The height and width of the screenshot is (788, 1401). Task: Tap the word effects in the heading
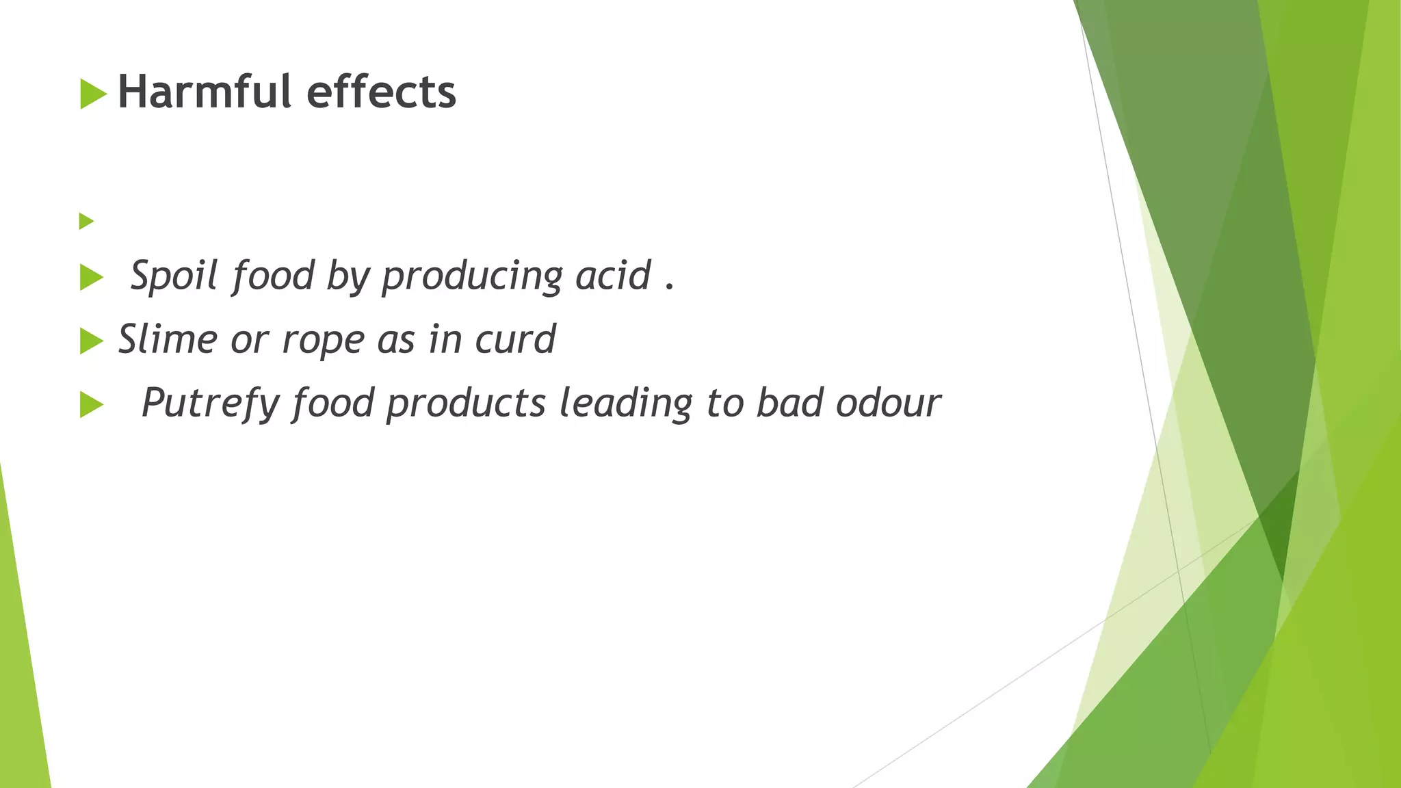pos(381,92)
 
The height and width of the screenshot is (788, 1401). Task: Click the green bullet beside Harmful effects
pos(93,94)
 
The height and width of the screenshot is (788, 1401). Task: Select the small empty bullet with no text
pos(86,221)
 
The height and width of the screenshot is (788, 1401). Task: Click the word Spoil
pos(174,275)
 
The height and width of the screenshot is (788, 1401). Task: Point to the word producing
pos(472,276)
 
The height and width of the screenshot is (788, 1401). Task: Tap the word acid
pos(613,275)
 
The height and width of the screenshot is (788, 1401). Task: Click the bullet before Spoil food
pos(91,278)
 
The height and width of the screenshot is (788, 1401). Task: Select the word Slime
pos(168,339)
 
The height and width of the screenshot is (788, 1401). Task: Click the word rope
pos(323,340)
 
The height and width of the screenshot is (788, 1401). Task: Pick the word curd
pos(515,339)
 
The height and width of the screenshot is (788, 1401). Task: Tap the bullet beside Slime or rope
pos(91,341)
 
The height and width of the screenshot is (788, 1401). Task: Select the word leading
pos(626,403)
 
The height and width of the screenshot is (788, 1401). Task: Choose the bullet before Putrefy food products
pos(91,405)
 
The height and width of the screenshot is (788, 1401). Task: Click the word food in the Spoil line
pos(273,275)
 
